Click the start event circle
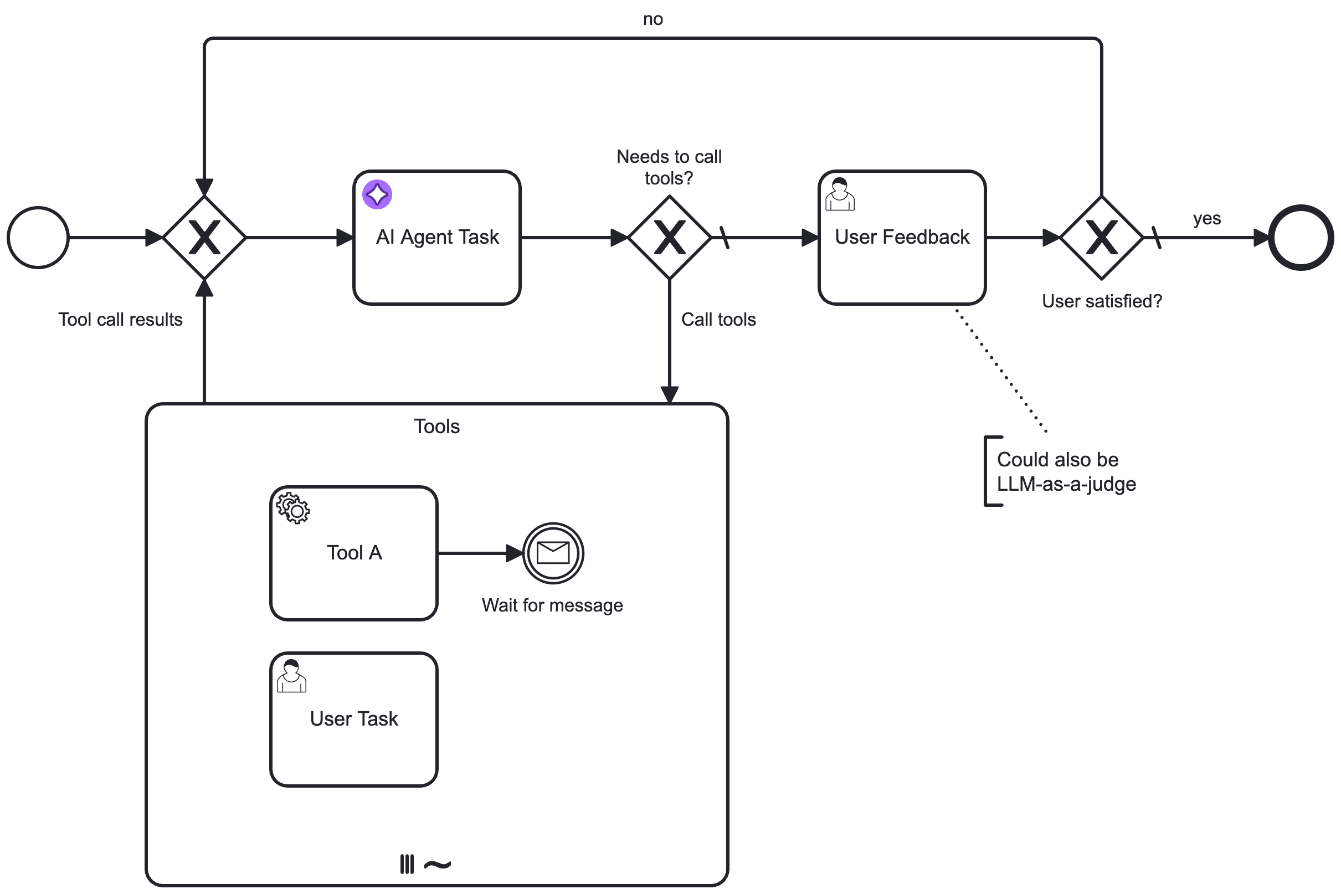[38, 238]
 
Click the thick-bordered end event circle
[1301, 238]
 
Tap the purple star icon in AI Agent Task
[377, 194]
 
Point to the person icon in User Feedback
[840, 194]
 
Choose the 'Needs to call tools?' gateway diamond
[669, 238]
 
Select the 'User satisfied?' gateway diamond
[1102, 238]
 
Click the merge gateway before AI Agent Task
[204, 238]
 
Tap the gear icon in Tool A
[293, 508]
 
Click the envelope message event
[553, 553]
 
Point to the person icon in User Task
[291, 676]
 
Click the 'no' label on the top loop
[653, 19]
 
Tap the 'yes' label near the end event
[1206, 218]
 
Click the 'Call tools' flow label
[718, 319]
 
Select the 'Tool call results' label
[120, 319]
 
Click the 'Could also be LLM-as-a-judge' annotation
[1065, 471]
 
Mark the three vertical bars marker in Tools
[407, 864]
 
